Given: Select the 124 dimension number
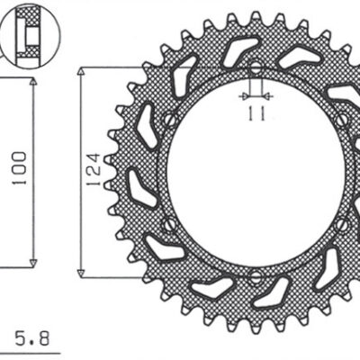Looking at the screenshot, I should (x=94, y=170).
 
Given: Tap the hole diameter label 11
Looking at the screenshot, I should (x=254, y=113).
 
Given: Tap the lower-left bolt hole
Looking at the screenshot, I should (x=170, y=223).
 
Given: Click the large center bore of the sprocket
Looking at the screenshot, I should (x=255, y=171).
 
